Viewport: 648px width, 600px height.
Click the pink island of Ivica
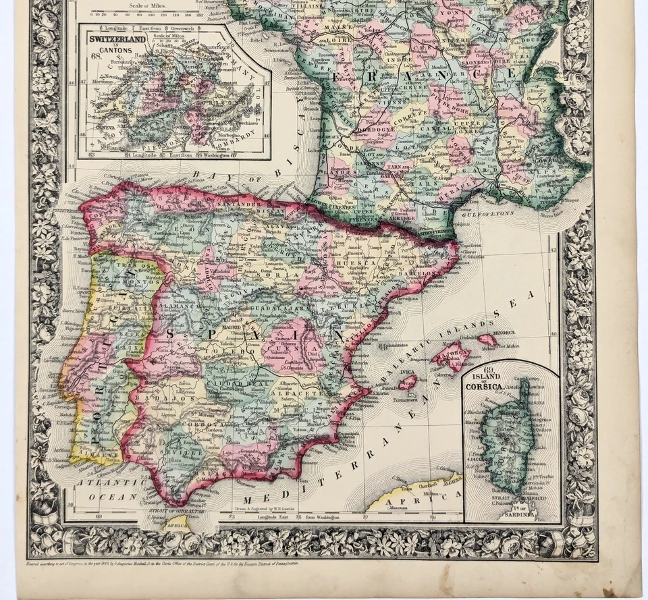[x=407, y=383]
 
